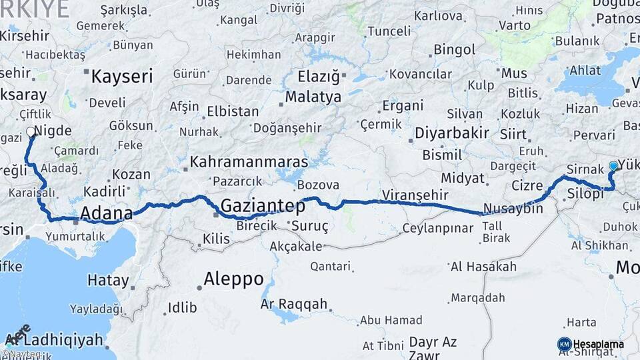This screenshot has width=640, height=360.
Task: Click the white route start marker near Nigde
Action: pos(31,132)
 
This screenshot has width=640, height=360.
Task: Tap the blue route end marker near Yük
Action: pos(613,165)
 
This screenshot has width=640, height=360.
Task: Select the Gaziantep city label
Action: pos(263,206)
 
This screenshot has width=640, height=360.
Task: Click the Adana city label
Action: pos(107,213)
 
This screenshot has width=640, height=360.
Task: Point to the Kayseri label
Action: pos(122,76)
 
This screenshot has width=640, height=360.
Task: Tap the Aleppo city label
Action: pos(234,278)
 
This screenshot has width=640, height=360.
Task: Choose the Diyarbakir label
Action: pos(452,133)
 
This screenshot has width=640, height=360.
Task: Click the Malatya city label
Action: pos(313,97)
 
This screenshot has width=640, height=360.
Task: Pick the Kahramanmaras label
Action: pos(249,162)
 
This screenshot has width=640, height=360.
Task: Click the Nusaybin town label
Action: pos(513,209)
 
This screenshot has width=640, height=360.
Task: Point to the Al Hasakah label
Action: pos(483,267)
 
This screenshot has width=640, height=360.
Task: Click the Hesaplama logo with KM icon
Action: pos(591,344)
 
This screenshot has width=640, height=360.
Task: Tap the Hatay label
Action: pos(107,281)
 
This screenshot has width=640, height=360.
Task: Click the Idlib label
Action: pos(182,307)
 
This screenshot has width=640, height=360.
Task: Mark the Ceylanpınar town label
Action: pos(437,228)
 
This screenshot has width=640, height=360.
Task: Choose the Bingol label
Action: pos(455,49)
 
